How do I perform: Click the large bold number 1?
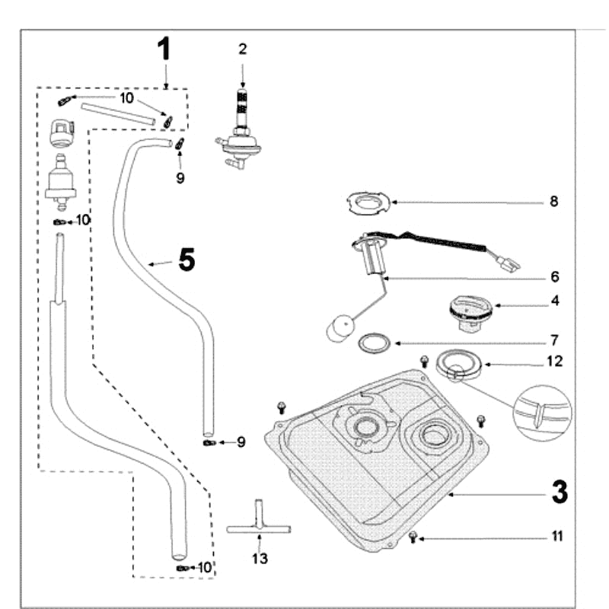[165, 49]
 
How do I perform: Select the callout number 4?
[555, 301]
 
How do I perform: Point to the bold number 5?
[187, 260]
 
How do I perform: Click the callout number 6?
[555, 276]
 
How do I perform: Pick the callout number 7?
[555, 339]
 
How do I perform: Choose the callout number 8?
[554, 202]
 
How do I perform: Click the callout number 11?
[556, 537]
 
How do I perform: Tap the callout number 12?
[555, 361]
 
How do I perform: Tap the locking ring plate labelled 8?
[368, 202]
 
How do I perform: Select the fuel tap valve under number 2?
[240, 137]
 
